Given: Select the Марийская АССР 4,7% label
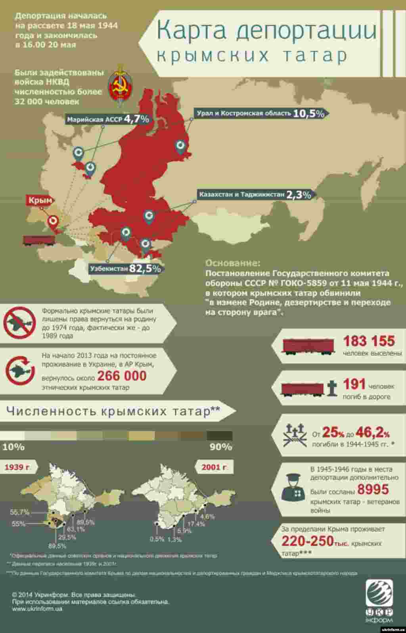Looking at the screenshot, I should click(108, 119).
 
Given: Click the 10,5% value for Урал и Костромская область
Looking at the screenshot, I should click(309, 113).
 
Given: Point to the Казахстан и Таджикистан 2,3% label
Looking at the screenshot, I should click(255, 195).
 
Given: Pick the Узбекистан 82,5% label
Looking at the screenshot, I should click(125, 269).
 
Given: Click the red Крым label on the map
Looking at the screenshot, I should click(40, 200).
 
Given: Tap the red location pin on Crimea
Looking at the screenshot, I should click(52, 222).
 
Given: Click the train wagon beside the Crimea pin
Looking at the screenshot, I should click(38, 240).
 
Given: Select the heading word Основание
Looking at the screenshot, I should click(233, 263).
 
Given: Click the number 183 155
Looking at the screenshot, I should click(369, 341).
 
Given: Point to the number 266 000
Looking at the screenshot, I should click(122, 376).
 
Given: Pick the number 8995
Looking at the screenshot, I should click(373, 489).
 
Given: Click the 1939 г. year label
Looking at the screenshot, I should click(17, 467).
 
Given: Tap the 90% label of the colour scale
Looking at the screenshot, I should click(220, 447).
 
